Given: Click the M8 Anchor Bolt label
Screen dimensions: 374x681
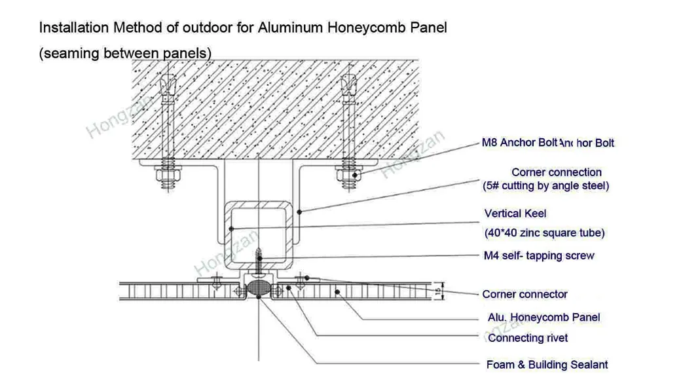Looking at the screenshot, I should tap(519, 142).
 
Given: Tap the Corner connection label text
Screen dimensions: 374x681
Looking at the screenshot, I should tap(556, 172).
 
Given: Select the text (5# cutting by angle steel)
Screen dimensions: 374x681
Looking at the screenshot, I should tap(545, 186).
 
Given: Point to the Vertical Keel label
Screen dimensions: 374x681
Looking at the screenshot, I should tap(515, 214).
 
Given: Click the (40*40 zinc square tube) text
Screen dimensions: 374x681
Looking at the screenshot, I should tap(543, 233).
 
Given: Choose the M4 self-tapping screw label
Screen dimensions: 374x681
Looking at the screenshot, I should tap(538, 255).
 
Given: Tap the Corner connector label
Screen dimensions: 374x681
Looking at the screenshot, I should tap(525, 294).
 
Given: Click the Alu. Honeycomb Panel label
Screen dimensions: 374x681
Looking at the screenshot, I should tap(543, 317).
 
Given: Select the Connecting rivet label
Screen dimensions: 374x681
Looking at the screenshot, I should tap(528, 338).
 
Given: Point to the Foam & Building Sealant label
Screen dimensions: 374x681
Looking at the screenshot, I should tap(547, 364).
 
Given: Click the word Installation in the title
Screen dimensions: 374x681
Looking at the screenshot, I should tap(73, 28).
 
